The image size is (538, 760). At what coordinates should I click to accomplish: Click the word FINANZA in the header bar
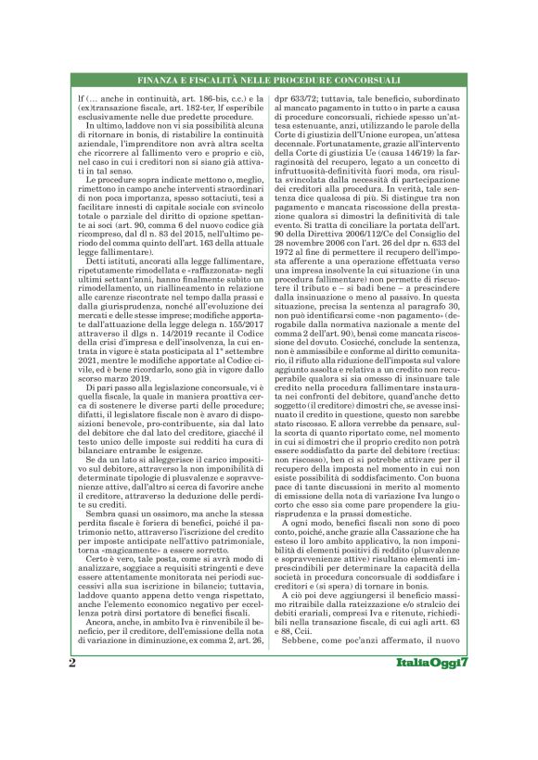click(x=166, y=82)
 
